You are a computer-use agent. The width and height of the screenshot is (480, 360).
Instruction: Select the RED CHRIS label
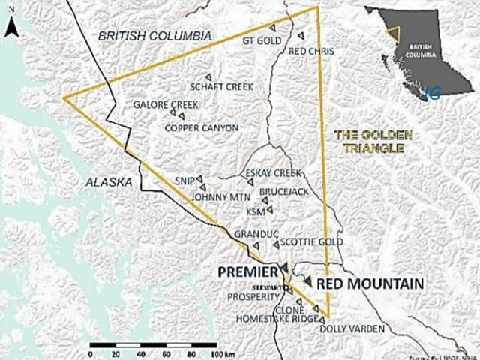click(x=310, y=51)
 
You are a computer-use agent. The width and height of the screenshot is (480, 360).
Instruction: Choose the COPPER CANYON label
click(x=201, y=127)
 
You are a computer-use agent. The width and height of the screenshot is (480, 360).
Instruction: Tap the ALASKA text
click(x=109, y=182)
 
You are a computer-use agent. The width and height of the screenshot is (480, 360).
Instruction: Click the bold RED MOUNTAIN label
click(x=370, y=283)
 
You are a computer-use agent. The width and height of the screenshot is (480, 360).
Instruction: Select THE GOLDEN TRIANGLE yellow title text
click(x=373, y=142)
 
